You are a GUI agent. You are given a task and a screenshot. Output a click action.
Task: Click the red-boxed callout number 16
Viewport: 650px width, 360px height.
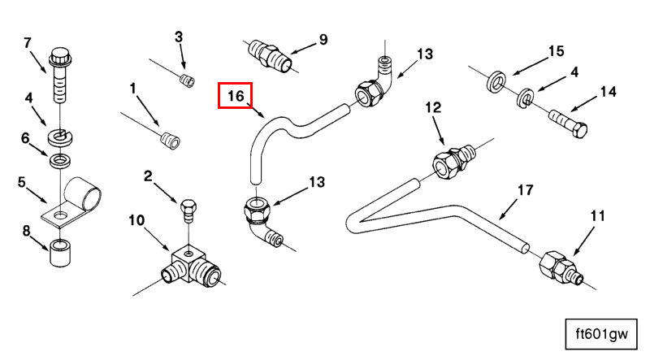tap(236, 96)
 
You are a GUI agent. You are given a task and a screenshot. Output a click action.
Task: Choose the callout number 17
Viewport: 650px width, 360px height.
tap(525, 190)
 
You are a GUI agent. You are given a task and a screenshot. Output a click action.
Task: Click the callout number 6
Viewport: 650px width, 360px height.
tap(26, 138)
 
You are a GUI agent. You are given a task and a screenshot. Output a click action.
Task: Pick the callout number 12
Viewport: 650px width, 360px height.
tap(433, 107)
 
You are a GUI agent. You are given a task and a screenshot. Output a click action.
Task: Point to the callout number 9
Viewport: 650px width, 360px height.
tap(323, 39)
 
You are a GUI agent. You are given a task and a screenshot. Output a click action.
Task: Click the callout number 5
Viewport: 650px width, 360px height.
tap(23, 182)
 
